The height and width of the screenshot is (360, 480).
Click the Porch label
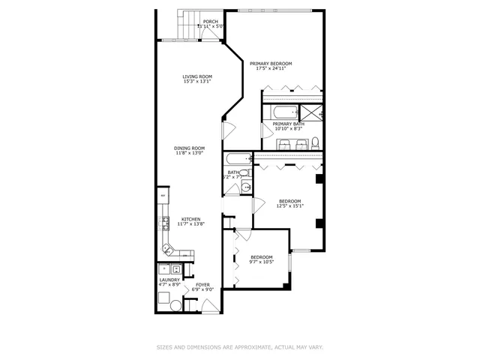211,22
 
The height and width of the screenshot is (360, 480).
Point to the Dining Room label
190,148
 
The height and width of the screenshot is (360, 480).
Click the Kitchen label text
190,219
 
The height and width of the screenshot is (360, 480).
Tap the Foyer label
203,284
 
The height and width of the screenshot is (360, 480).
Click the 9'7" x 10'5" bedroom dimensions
262,262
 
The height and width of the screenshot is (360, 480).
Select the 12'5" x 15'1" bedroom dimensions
290,205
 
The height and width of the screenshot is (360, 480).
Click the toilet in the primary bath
316,142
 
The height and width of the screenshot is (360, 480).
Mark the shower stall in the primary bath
311,113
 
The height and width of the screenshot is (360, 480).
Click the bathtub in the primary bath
278,113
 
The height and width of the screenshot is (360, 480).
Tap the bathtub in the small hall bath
238,160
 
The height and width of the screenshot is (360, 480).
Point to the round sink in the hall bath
245,187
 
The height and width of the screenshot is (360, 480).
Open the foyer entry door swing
211,305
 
